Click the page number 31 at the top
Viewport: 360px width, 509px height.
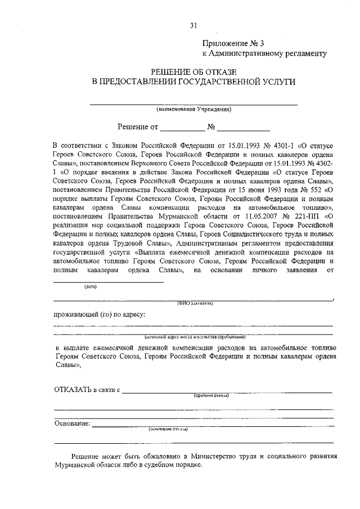(194, 25)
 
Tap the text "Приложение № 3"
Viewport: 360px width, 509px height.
(231, 43)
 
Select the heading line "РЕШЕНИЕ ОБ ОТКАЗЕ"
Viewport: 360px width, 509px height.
(193, 71)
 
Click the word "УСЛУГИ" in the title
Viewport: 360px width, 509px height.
(275, 82)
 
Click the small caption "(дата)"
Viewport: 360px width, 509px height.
(91, 286)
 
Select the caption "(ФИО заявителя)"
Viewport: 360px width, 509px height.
(194, 303)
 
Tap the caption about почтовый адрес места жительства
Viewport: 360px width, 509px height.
(195, 337)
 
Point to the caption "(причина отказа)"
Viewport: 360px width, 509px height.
(211, 396)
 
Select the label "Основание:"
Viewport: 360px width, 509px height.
(71, 422)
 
